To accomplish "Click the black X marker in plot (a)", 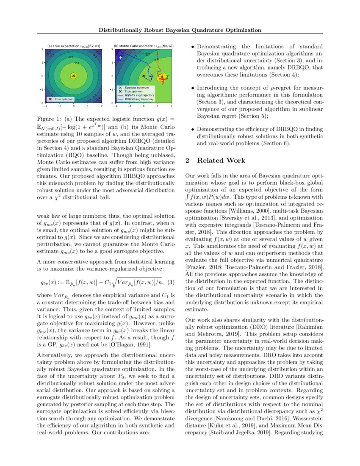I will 74,76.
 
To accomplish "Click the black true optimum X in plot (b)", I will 144,76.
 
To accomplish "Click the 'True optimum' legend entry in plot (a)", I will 61,99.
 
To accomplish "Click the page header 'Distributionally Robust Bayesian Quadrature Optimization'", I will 180,30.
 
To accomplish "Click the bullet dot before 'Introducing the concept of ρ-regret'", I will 193,88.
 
